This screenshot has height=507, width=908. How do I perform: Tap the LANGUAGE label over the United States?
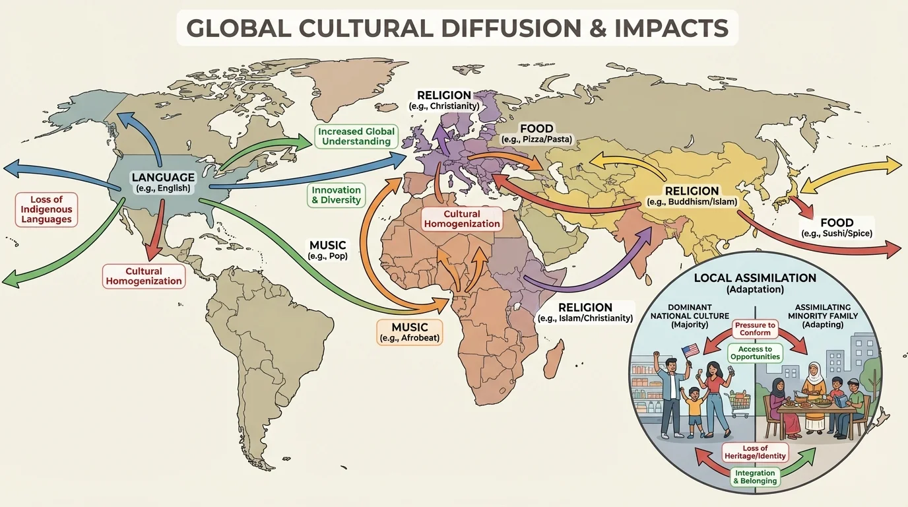(163, 177)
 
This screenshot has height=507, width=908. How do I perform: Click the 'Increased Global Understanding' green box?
(356, 136)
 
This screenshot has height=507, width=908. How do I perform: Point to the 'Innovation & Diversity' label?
(336, 195)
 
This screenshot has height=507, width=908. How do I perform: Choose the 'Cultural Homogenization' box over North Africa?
(461, 219)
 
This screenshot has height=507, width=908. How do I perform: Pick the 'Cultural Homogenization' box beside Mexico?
(144, 275)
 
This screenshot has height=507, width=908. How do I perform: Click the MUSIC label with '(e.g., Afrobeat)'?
(410, 332)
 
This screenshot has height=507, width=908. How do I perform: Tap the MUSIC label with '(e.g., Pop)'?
(328, 250)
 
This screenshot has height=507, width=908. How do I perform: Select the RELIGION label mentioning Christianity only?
(443, 100)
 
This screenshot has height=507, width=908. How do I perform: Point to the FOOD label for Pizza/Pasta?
(536, 133)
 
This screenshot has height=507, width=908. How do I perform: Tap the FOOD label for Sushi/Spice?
(837, 228)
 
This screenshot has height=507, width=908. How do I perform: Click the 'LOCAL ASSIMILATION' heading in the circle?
(755, 279)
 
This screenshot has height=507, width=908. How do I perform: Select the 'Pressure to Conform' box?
(755, 329)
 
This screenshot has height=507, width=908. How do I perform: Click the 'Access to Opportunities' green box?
(755, 353)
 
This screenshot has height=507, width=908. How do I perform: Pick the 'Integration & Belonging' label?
(755, 477)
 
